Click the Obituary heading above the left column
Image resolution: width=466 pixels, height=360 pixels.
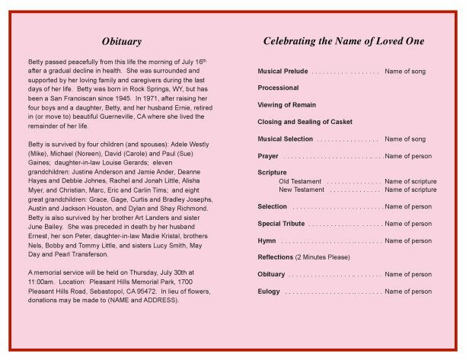[121, 41]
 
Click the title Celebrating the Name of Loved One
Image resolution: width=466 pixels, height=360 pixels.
[343, 41]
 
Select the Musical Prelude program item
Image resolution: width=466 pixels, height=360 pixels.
[282, 71]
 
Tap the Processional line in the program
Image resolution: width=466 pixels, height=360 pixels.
[278, 88]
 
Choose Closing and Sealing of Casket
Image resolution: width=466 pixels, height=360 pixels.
[305, 122]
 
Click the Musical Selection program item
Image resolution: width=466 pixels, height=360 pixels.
[286, 139]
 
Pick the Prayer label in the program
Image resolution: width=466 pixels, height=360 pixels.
[268, 156]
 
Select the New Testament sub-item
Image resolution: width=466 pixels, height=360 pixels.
[303, 190]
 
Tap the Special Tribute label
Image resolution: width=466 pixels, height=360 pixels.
[281, 224]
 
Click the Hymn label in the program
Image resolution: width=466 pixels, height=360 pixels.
[267, 241]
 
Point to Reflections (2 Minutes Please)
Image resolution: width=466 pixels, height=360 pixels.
[304, 257]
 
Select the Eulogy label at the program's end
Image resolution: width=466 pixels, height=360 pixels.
[269, 292]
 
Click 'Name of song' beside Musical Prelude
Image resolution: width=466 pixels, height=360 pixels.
[405, 71]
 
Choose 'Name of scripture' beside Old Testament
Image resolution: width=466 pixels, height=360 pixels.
[410, 181]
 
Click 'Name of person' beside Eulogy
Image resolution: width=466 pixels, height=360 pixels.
[408, 292]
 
